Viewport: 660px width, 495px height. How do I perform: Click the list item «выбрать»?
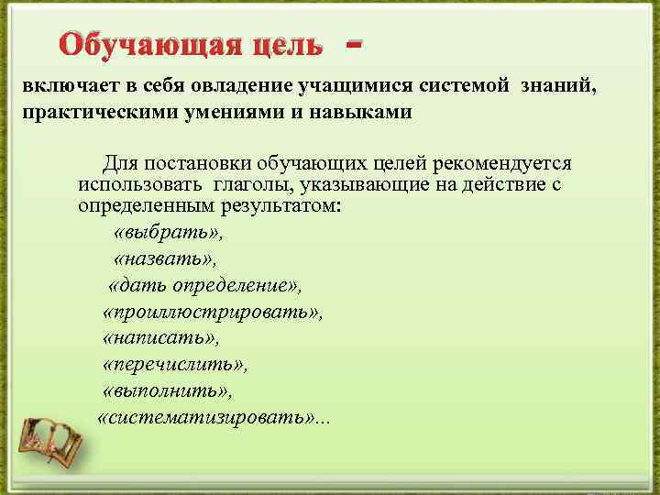pos(168,231)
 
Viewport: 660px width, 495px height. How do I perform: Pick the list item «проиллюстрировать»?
pos(213,312)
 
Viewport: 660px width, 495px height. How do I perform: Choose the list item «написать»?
pos(162,338)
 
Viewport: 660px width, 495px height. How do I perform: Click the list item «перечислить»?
pos(175,365)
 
